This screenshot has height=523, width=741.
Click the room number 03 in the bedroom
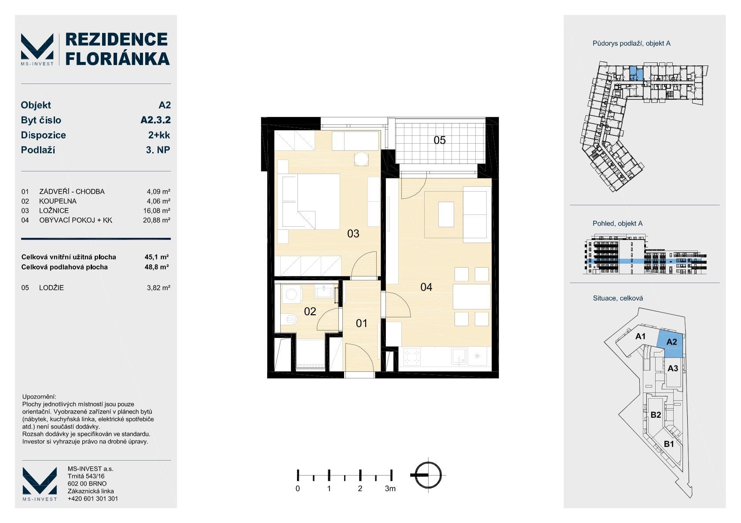353,234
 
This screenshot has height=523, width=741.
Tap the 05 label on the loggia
439,140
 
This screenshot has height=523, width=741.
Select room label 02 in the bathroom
310,311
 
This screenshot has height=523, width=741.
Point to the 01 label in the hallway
361,323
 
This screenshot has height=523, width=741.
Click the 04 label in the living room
426,287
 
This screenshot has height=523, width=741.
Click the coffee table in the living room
446,214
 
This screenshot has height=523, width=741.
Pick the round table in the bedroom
361,159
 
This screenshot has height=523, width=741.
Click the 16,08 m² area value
157,211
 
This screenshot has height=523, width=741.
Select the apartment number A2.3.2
155,120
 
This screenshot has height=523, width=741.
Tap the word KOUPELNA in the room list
58,201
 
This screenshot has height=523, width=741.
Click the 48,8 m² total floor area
157,267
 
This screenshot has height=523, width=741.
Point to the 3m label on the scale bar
390,489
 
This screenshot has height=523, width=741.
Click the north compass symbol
428,475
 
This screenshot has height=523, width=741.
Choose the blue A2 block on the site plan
670,344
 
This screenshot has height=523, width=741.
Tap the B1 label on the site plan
669,444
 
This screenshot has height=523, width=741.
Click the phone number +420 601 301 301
92,498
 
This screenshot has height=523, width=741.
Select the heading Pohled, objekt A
617,224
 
